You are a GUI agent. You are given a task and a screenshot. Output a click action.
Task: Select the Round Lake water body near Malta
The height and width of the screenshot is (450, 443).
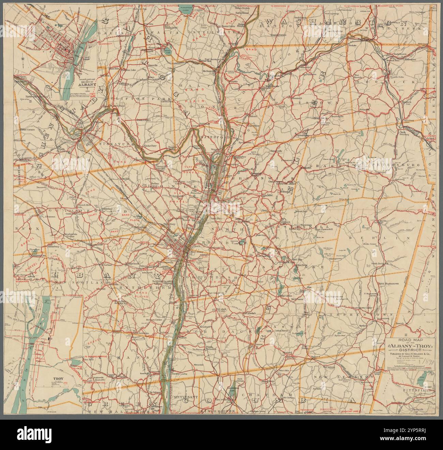point(167,51)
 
